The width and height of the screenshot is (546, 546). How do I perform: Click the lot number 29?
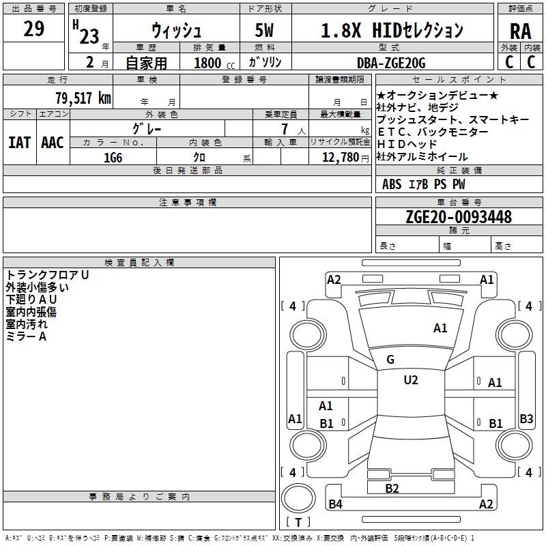(33, 29)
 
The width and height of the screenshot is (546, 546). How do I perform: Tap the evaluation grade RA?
(520, 31)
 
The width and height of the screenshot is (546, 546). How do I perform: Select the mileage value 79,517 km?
(83, 98)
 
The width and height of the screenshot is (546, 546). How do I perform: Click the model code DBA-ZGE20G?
(391, 63)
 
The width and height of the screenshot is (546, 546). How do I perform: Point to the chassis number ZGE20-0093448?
(458, 217)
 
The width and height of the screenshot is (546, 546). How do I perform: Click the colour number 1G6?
(113, 157)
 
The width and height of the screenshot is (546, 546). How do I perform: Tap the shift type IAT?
(19, 142)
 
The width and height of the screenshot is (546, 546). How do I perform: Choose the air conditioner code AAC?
(53, 142)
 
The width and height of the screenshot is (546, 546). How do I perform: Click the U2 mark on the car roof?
(410, 380)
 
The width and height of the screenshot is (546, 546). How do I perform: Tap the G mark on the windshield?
(390, 360)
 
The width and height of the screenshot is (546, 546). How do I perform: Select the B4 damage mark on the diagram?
(335, 504)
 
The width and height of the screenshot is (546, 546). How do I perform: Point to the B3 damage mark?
(526, 419)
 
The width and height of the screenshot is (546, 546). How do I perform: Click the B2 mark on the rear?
(392, 488)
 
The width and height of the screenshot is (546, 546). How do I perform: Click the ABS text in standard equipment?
(392, 184)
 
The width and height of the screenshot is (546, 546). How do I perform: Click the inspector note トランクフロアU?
(48, 275)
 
